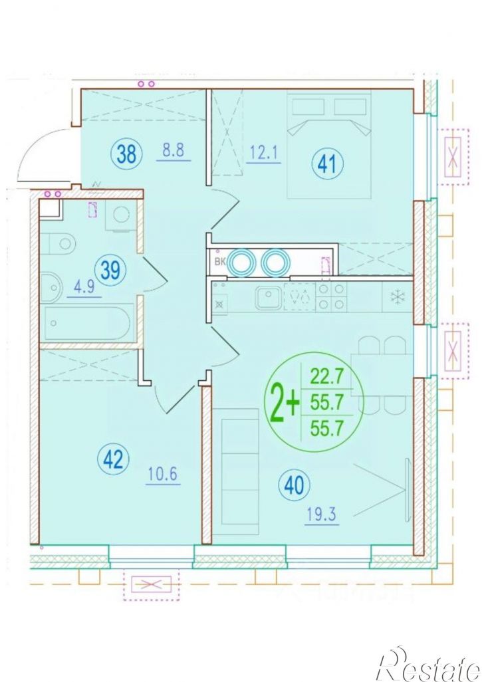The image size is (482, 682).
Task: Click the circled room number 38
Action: [x=126, y=154]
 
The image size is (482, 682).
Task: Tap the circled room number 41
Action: [x=327, y=164]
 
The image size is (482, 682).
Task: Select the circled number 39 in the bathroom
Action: [x=110, y=271]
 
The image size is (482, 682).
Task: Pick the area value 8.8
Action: [x=173, y=150]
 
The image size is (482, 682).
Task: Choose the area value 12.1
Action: [x=264, y=153]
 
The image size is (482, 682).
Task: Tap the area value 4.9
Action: [x=84, y=287]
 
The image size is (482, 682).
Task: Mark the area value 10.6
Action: [x=163, y=474]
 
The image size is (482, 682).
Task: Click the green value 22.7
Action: [x=326, y=375]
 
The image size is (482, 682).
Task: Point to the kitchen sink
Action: [x=268, y=298]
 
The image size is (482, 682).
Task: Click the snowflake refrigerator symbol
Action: [x=397, y=296]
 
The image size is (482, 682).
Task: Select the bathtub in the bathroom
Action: [x=86, y=323]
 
